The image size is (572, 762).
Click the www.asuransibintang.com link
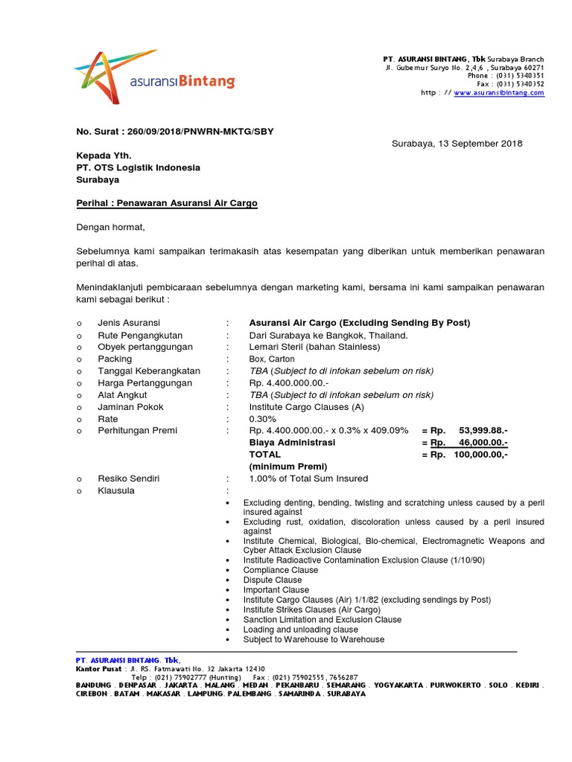tap(498, 93)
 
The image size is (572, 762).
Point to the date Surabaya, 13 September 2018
tap(457, 144)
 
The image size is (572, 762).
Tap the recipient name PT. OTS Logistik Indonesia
tap(138, 167)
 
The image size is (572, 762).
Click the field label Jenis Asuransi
tap(129, 322)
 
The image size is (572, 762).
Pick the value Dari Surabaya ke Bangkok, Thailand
tap(328, 335)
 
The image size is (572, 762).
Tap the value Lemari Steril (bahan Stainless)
tap(314, 347)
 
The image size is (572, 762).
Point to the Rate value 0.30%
tap(262, 419)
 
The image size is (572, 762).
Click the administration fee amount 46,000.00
tap(484, 442)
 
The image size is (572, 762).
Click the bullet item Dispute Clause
tap(273, 580)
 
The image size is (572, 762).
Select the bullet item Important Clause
tap(276, 590)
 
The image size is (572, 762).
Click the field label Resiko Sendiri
tap(129, 478)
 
